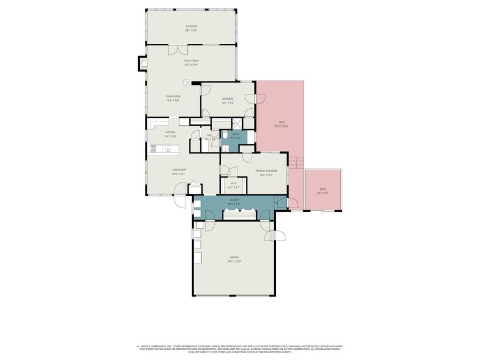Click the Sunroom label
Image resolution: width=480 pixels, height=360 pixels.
tap(191, 27)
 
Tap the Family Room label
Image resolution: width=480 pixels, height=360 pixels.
tap(191, 61)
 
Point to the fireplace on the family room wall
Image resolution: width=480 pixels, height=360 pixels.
tap(142, 64)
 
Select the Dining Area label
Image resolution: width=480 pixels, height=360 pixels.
tap(173, 97)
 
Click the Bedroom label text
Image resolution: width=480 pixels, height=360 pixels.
tap(228, 99)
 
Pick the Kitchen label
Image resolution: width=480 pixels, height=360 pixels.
tap(170, 132)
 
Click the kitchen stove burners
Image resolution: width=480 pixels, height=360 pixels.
tap(153, 148)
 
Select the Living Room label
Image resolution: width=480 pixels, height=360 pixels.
tap(178, 170)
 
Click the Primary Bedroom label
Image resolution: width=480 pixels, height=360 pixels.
tap(266, 171)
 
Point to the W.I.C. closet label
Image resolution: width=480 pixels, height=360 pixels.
tap(234, 184)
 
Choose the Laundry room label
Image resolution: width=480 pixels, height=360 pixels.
tap(234, 200)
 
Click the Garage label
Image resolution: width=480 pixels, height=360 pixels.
tap(235, 258)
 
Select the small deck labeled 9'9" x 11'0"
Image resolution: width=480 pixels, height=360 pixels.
tap(323, 191)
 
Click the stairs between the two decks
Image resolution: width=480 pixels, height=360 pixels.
tap(296, 162)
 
